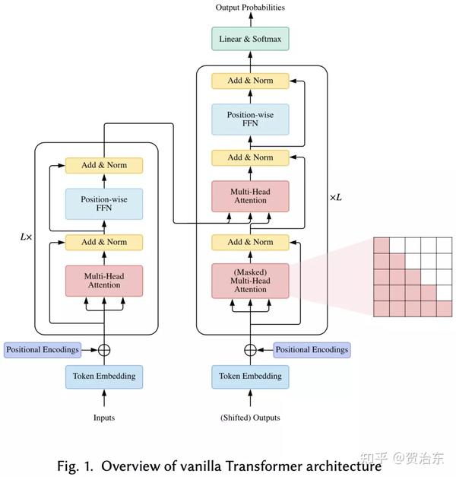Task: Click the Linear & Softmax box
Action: tap(250, 37)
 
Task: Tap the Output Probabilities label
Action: tap(250, 8)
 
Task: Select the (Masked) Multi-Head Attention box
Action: tap(250, 279)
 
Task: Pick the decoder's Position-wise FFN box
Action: tap(250, 119)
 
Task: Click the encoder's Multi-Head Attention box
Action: tap(103, 279)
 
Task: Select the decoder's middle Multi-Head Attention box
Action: tap(250, 195)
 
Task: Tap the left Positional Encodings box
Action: tap(43, 350)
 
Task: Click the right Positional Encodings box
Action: tap(312, 350)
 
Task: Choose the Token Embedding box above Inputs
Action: tap(103, 376)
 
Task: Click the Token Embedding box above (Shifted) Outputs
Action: tap(250, 376)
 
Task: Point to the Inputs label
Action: tap(103, 418)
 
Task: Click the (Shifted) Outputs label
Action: tap(250, 418)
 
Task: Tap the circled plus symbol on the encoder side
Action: tap(103, 350)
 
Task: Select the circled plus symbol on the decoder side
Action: tap(250, 350)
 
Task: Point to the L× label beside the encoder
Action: tap(26, 237)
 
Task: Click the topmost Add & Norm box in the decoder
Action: tap(250, 80)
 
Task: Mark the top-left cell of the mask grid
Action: tap(382, 245)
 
